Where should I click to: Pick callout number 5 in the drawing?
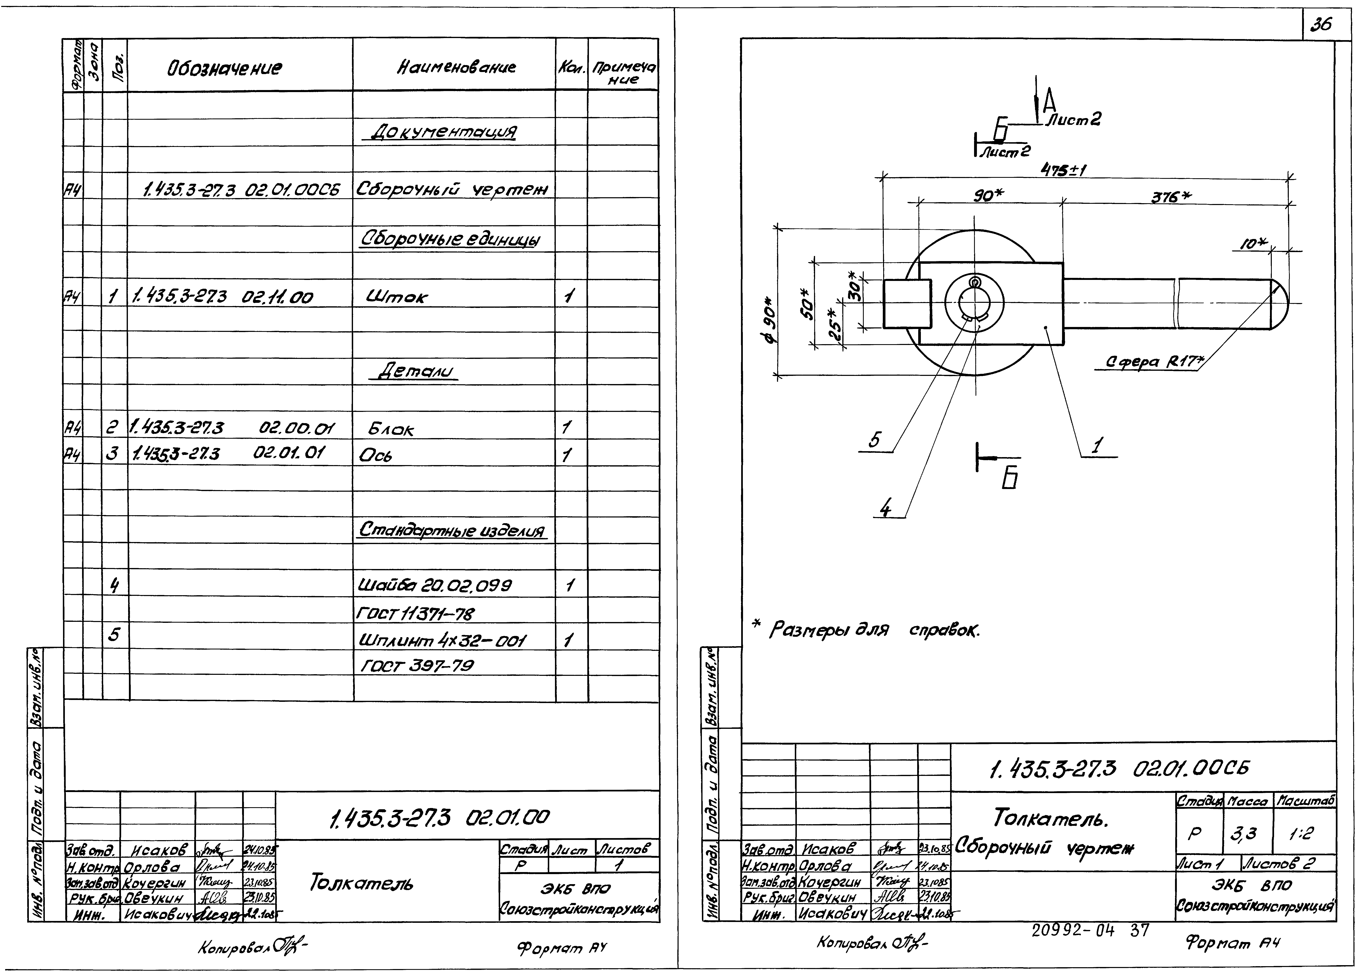point(874,441)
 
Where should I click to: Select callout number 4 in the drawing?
point(885,508)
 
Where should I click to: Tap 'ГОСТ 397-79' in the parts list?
point(417,666)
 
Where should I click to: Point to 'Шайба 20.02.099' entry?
point(435,585)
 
